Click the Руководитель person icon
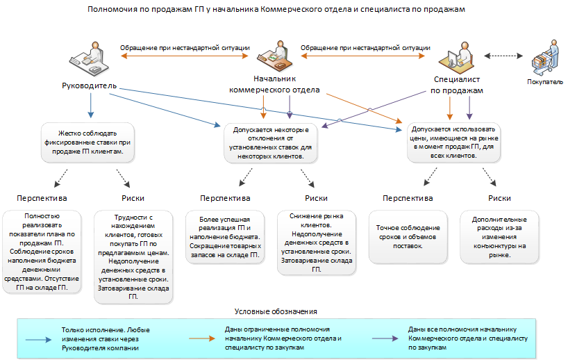click(x=89, y=59)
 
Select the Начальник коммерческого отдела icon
click(x=275, y=56)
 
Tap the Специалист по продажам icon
click(x=457, y=58)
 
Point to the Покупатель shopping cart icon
click(x=545, y=58)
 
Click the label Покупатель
click(x=545, y=82)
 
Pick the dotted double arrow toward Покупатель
click(x=503, y=56)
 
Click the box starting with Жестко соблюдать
click(x=87, y=142)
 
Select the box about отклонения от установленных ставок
click(x=271, y=143)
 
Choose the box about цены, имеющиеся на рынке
click(x=453, y=142)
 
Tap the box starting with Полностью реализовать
click(x=42, y=252)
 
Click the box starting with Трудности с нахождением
click(x=133, y=257)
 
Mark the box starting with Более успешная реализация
click(x=225, y=238)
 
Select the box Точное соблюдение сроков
click(x=408, y=237)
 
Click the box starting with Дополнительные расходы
click(x=499, y=237)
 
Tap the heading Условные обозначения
click(x=276, y=311)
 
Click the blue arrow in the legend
click(x=38, y=340)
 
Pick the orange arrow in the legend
click(x=202, y=338)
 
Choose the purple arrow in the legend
click(x=385, y=338)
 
